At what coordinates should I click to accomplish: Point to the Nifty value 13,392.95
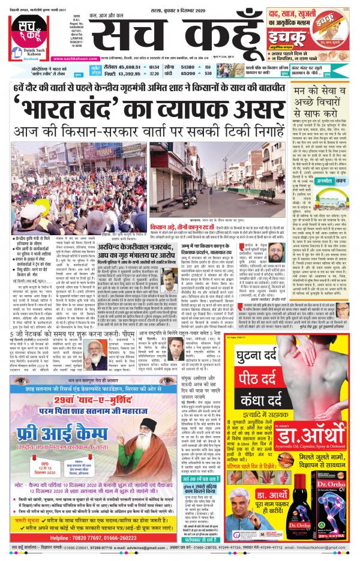[133, 75]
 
